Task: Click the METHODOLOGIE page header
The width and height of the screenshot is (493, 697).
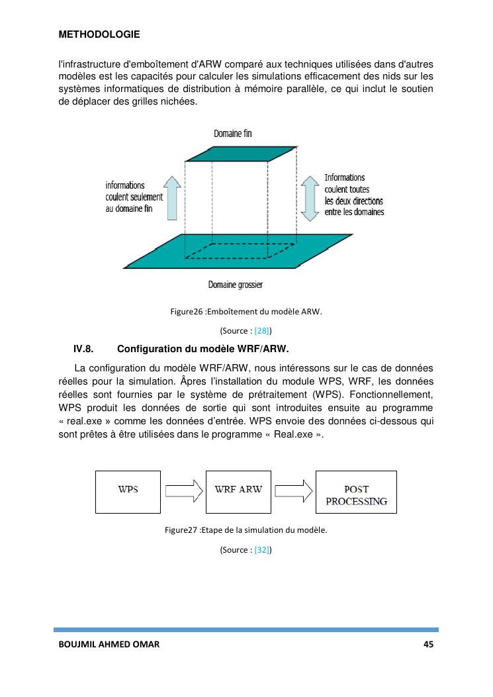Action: [x=99, y=34]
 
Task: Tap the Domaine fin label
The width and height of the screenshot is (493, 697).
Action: [x=232, y=134]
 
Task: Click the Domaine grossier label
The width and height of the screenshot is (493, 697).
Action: [x=235, y=285]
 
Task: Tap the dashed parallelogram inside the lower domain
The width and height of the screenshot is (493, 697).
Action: [x=238, y=251]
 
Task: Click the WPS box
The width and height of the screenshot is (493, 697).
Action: [x=128, y=492]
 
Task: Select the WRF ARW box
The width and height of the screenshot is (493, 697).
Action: [x=238, y=490]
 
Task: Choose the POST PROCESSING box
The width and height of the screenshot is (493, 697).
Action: [x=356, y=492]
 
